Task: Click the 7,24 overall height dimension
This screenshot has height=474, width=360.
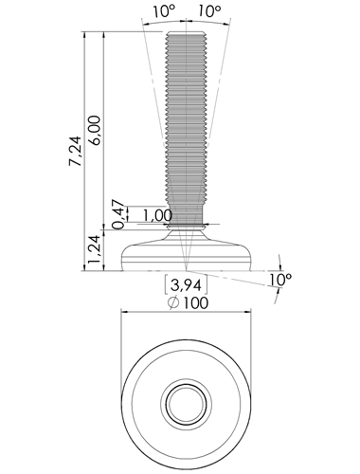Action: tap(76, 152)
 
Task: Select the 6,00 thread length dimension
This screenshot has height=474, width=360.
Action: tap(95, 130)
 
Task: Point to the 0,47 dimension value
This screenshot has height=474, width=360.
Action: tap(118, 214)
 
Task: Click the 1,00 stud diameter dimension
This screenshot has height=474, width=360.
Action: tap(157, 216)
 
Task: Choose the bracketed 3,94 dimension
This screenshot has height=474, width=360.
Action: tap(186, 285)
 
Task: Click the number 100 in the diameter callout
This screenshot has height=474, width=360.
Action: tap(196, 303)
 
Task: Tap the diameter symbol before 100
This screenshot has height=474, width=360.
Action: tap(173, 303)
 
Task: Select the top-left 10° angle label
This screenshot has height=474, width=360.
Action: tap(164, 11)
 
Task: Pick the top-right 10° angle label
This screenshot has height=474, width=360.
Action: tap(209, 11)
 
